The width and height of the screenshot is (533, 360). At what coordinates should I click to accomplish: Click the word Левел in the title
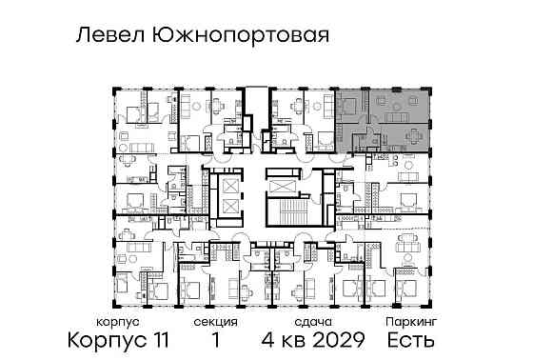(108, 35)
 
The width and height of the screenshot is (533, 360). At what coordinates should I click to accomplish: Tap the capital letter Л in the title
(82, 35)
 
